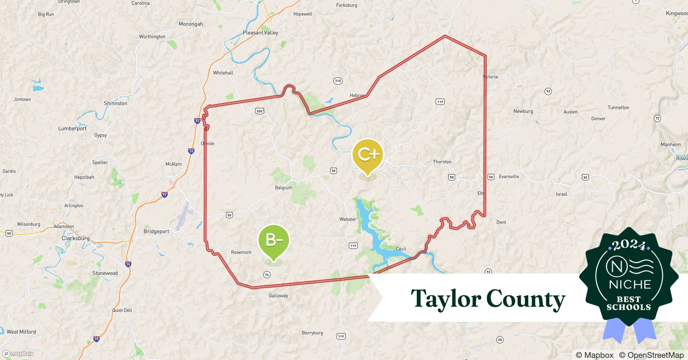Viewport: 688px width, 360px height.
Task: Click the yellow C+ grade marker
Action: coord(367,155)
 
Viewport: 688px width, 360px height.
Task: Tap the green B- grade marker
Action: coord(274,240)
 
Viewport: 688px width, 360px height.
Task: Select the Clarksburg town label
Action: coord(76,238)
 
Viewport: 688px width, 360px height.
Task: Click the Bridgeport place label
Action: coord(156,231)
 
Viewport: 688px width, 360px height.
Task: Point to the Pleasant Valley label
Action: coord(260,33)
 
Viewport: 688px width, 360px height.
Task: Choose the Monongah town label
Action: coord(191,24)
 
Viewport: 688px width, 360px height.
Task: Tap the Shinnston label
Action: coord(115,103)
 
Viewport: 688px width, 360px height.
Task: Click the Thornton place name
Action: coord(442,162)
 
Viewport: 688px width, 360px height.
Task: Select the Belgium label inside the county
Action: coord(283,188)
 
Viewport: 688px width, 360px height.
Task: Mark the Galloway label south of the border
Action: coord(278,296)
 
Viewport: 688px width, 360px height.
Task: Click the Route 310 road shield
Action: coord(338,81)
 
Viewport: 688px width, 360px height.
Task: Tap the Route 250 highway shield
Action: coord(259,111)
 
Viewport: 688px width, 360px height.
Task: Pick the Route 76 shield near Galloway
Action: coord(267,275)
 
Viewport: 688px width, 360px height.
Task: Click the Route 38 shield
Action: coord(500,339)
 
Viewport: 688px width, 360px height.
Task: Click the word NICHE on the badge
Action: coord(630,285)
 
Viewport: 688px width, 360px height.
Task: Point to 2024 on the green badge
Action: coord(629,245)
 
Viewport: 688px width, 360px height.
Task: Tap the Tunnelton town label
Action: coord(618,108)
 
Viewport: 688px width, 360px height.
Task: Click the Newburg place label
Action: coord(523,111)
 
